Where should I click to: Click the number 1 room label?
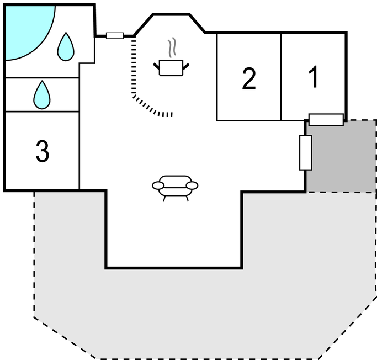point(314,77)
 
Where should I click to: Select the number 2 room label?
point(249,80)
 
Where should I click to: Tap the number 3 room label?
point(42,151)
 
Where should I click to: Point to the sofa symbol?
point(175,187)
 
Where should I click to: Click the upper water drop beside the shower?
point(66,47)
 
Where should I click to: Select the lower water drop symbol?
point(42,95)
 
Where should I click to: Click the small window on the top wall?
point(114,36)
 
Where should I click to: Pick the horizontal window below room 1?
point(326,119)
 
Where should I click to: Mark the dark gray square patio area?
point(341,157)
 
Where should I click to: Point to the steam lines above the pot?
point(172,47)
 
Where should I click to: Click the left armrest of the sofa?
point(158,186)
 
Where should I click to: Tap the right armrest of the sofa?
point(192,185)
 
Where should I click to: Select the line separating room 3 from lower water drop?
point(42,112)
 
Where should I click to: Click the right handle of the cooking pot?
point(185,66)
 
